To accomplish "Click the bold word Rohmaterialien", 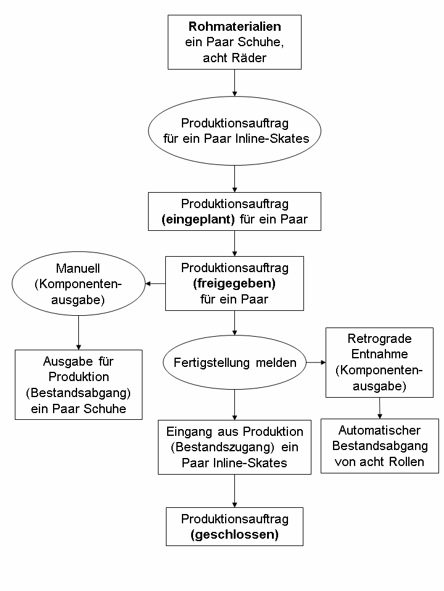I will point(234,27).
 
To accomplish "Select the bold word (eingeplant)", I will point(198,220).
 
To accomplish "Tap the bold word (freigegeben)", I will point(234,284).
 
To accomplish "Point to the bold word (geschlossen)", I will point(234,534).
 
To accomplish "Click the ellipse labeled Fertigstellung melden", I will point(234,363).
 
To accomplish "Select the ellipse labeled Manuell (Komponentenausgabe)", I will point(78,284).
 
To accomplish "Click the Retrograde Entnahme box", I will point(379,363).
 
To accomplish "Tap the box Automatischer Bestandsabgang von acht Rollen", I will point(379,446).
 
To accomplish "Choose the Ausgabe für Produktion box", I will point(78,384).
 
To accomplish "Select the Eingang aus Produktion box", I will point(234,446).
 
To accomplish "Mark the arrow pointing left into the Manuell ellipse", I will point(155,284).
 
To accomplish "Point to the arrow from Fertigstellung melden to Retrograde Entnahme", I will point(315,363).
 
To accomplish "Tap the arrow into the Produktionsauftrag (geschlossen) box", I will point(234,491).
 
